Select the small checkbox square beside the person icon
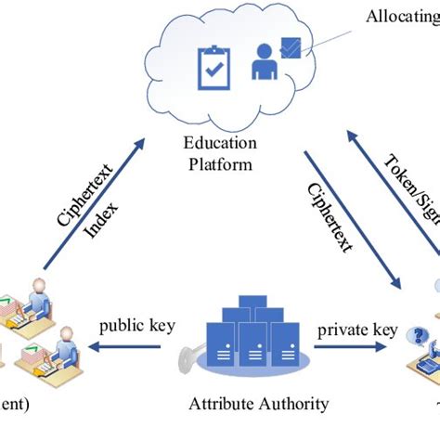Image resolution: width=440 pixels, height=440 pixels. click(289, 48)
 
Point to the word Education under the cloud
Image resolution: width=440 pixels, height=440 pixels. click(222, 145)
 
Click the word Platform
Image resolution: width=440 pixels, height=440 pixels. click(222, 164)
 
